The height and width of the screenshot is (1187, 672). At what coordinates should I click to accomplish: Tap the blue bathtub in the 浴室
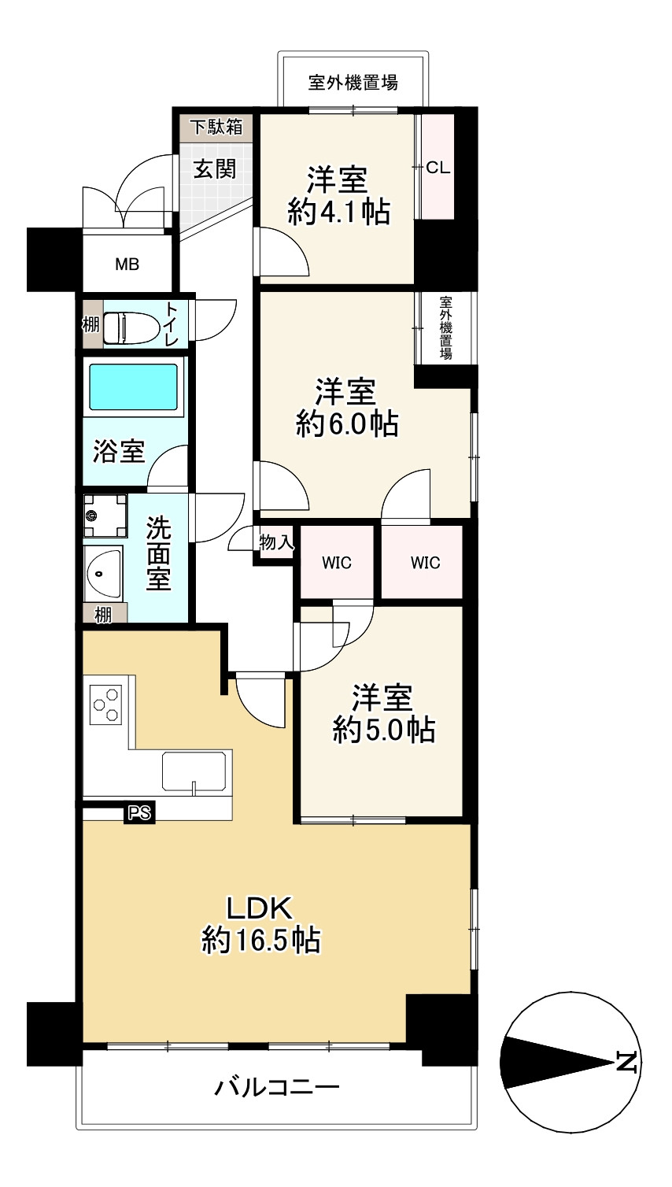click(x=133, y=386)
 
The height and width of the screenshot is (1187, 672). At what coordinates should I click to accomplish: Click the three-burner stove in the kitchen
click(x=105, y=704)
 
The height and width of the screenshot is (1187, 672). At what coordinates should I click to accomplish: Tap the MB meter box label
click(x=127, y=264)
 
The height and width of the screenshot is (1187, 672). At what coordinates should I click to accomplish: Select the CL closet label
click(x=438, y=168)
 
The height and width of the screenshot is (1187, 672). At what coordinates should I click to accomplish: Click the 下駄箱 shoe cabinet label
click(x=216, y=128)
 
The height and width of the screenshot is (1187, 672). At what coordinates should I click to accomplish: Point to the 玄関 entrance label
click(x=215, y=169)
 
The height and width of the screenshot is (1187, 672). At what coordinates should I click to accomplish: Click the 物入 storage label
click(x=276, y=542)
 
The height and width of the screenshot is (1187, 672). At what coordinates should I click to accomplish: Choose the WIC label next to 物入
click(x=337, y=563)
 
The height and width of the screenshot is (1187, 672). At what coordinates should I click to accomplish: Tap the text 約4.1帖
click(x=339, y=212)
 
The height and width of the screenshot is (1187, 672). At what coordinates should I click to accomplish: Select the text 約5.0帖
click(x=384, y=730)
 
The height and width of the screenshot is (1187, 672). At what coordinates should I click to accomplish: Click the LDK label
click(x=260, y=908)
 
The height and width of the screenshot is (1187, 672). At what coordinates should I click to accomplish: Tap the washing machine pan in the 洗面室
click(x=105, y=516)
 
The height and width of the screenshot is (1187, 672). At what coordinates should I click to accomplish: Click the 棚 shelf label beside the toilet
click(x=90, y=324)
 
